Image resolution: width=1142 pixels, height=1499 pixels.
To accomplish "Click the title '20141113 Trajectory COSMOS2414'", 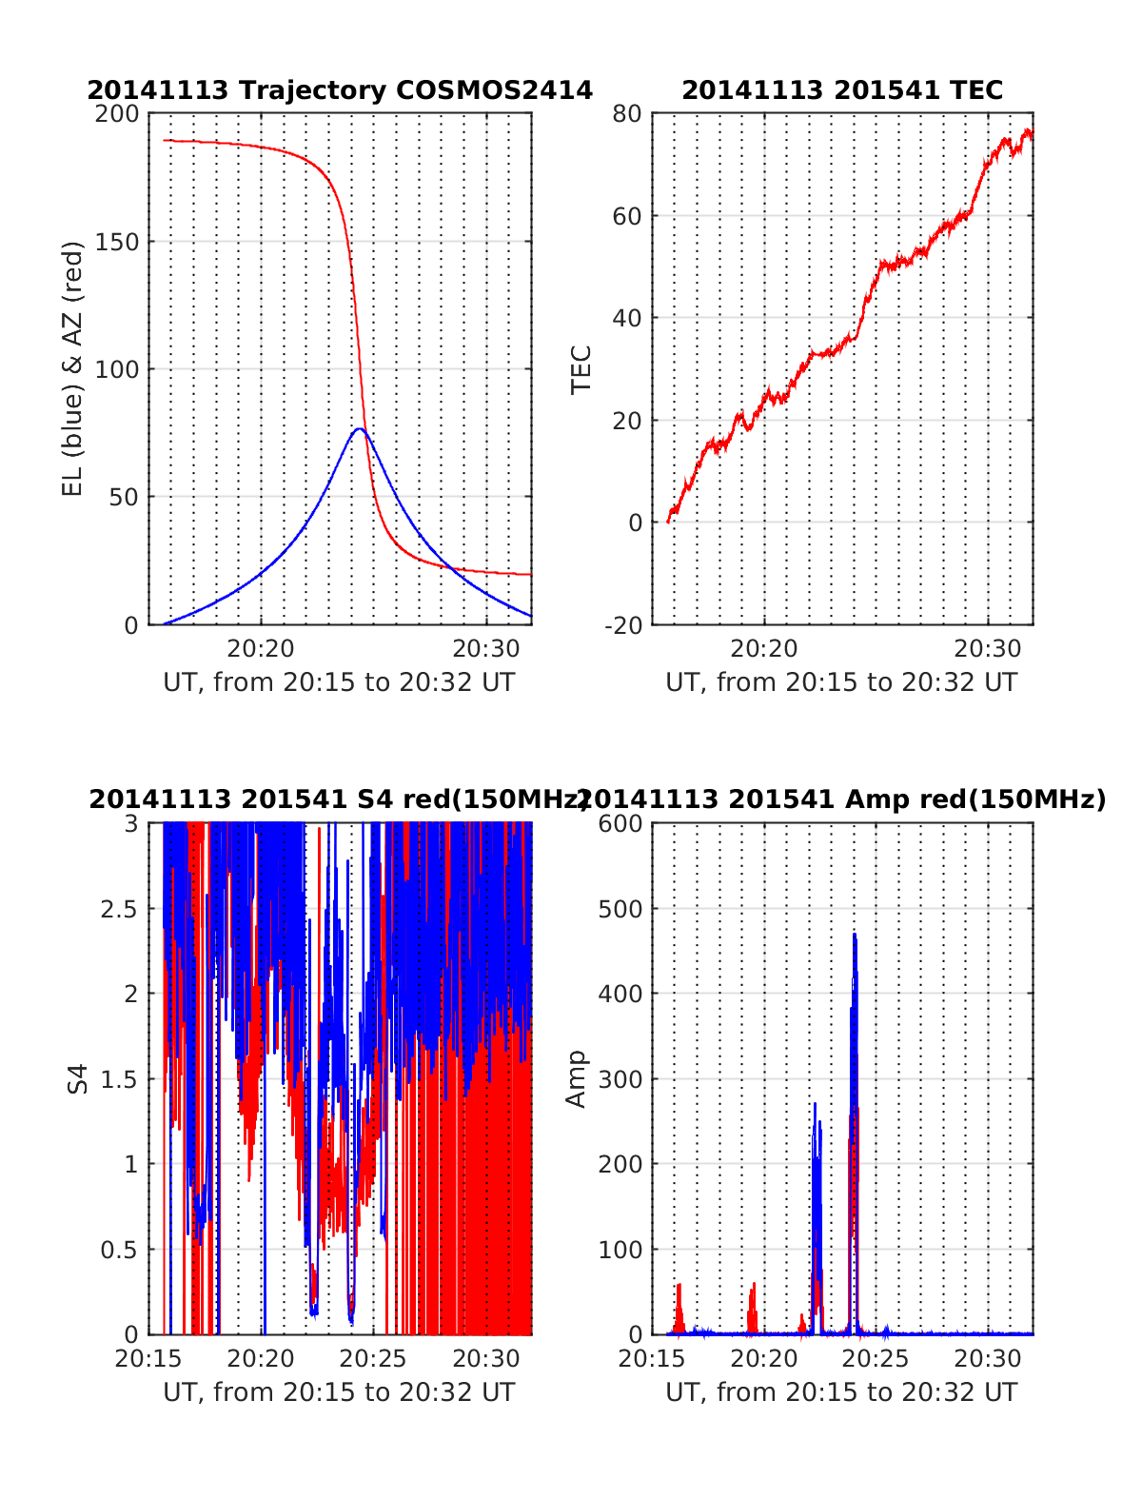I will click(340, 90).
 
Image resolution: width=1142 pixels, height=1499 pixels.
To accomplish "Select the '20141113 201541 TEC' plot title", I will click(842, 90).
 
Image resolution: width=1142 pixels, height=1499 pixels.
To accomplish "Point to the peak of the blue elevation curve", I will click(359, 429).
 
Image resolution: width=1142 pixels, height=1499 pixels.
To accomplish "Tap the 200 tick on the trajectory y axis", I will click(117, 114).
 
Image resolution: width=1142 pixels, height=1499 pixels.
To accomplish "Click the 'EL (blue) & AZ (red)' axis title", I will click(73, 368).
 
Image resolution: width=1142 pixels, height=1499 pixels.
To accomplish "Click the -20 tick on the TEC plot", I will click(621, 625).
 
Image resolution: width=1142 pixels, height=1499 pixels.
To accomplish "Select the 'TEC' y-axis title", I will click(581, 369).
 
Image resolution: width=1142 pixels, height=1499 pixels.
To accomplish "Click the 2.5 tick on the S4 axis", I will click(120, 909).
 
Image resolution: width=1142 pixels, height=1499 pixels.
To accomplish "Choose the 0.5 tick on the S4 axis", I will click(120, 1250).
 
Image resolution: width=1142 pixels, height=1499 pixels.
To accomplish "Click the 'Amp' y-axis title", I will click(577, 1078).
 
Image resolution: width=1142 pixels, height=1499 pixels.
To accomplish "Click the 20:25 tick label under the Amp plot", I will click(876, 1359).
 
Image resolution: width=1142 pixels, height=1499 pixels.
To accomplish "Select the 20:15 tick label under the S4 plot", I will click(148, 1359).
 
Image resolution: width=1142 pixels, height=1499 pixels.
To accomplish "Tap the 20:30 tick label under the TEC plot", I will click(988, 649).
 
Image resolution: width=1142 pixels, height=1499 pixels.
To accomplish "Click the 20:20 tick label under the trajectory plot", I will click(261, 649).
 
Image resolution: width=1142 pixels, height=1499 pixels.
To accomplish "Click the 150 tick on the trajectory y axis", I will click(117, 242).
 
